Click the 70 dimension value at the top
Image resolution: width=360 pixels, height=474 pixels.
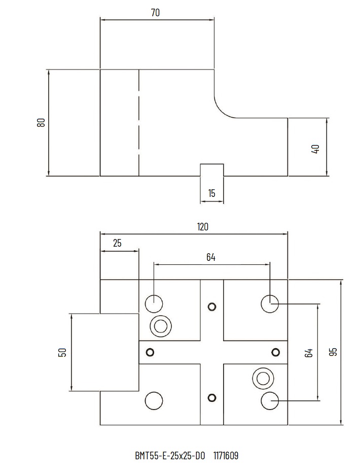point(155,13)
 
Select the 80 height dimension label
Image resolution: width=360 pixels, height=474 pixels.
point(41,122)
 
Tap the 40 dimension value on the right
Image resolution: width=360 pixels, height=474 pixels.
point(315,149)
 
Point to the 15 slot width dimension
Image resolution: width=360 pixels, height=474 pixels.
point(212,193)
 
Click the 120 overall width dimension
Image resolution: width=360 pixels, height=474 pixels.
point(202,227)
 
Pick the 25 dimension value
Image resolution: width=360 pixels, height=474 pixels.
point(117,243)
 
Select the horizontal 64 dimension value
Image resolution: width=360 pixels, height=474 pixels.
point(211,257)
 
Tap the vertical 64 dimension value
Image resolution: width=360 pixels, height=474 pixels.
point(309,353)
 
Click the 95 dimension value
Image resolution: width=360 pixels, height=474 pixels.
point(333,352)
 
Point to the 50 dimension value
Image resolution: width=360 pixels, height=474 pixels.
point(62,352)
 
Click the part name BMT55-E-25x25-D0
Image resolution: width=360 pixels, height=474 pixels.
point(169,456)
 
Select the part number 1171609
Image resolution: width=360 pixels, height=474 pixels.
point(226,456)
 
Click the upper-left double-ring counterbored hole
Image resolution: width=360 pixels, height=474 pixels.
point(161,325)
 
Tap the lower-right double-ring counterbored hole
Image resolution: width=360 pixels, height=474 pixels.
point(263,378)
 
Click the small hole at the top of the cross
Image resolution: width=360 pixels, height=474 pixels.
point(212,306)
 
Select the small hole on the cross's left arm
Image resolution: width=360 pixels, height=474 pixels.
point(150,352)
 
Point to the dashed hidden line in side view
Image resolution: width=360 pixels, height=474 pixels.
point(139,122)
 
